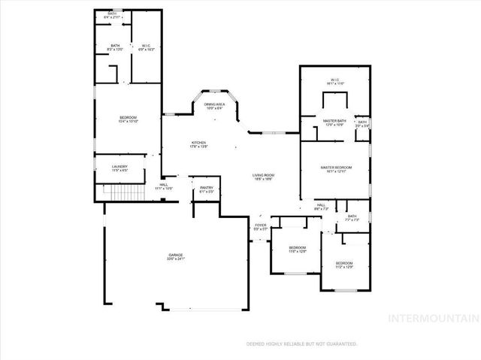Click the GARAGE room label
175,255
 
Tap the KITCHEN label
198,142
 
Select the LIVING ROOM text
262,174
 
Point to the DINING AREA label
215,104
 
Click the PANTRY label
207,188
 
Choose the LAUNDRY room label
119,166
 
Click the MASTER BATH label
334,120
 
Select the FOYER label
260,225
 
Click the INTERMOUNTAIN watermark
431,318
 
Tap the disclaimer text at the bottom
301,343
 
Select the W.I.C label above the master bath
335,81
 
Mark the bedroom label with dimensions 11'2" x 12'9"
345,262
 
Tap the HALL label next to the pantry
163,185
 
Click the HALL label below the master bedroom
320,204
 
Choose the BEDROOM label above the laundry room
128,118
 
